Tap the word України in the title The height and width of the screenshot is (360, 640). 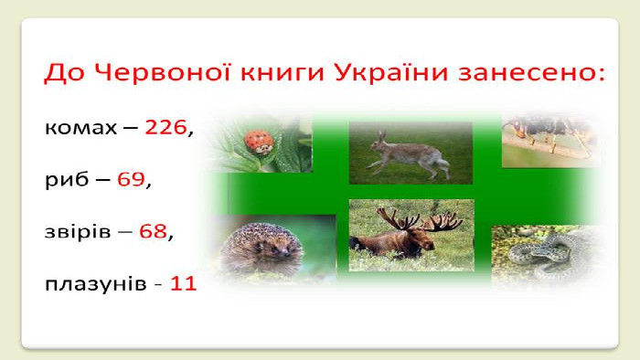pos(391,72)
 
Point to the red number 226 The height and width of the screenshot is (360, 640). pos(165,127)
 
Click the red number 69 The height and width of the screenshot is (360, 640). pos(131,179)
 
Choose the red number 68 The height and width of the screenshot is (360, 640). pos(153,231)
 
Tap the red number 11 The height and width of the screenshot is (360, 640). pos(183,283)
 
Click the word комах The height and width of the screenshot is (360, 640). pos(80,129)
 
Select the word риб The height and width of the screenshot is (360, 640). pos(67,180)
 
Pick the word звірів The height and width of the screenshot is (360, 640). pos(78,231)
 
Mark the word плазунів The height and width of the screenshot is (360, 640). pos(96,284)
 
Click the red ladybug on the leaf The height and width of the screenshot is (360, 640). pos(259,142)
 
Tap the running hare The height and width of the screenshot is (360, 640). pos(409,155)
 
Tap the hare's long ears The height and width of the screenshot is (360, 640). pos(381,136)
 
